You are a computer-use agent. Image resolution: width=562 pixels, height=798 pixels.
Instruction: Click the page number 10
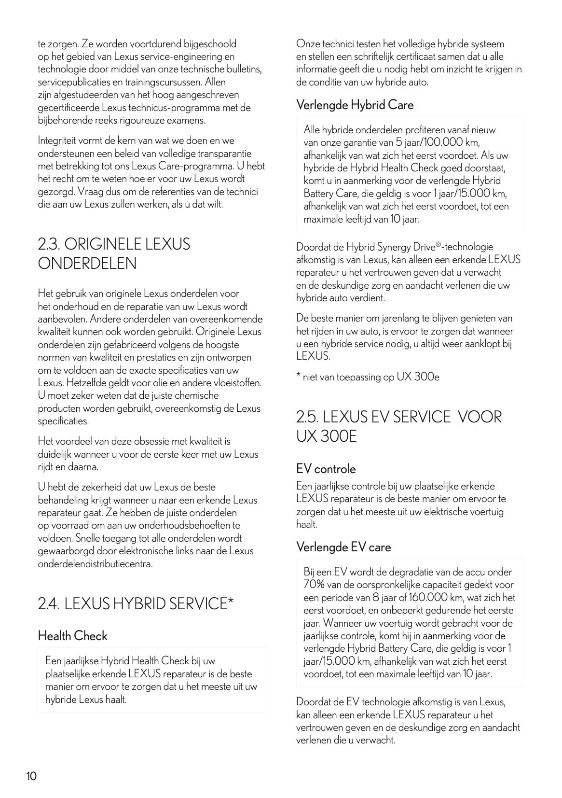[x=31, y=776]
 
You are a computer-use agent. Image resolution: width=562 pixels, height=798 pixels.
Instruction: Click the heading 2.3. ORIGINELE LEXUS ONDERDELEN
[x=114, y=253]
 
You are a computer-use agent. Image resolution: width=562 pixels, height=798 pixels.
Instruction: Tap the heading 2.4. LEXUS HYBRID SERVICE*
[x=136, y=603]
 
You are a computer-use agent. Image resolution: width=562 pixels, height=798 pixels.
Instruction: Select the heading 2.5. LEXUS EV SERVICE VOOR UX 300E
[x=399, y=426]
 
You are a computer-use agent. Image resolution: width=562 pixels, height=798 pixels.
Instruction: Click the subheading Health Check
[x=72, y=636]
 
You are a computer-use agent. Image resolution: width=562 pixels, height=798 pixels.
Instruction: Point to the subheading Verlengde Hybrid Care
[x=355, y=105]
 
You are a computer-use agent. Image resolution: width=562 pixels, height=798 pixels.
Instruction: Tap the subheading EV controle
[x=326, y=469]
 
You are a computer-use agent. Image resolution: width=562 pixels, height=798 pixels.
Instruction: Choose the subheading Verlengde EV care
[x=343, y=547]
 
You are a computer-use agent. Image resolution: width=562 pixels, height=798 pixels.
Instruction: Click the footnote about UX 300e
[x=368, y=377]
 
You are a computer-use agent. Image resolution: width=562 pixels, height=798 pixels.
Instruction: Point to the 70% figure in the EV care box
[x=315, y=585]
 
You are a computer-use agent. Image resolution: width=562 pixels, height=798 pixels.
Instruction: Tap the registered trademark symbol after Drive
[x=439, y=245]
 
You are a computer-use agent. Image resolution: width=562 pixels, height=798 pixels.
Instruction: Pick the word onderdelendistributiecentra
[x=95, y=563]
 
